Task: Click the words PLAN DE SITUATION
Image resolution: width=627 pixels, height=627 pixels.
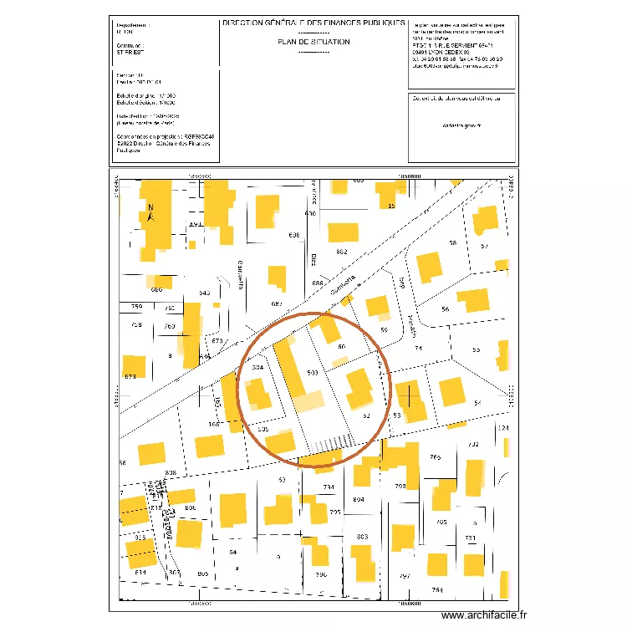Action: [x=313, y=41]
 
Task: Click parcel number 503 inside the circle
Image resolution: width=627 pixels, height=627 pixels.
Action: [x=313, y=372]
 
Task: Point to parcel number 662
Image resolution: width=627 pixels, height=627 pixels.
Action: [x=341, y=252]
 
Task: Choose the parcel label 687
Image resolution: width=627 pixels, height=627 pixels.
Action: [x=278, y=303]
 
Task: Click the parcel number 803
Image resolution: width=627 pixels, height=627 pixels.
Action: [x=362, y=537]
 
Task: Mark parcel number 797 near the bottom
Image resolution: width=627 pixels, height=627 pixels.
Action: [x=405, y=576]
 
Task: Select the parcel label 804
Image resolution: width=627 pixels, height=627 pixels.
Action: [x=359, y=499]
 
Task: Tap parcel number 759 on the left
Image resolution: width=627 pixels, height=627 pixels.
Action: [x=137, y=308]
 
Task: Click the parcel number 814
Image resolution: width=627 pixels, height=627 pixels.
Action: [x=140, y=572]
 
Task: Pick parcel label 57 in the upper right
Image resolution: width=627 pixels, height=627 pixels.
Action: [x=484, y=246]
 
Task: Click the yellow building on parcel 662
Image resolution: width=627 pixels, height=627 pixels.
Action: [x=344, y=233]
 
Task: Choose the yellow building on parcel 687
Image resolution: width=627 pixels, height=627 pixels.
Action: [x=276, y=280]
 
